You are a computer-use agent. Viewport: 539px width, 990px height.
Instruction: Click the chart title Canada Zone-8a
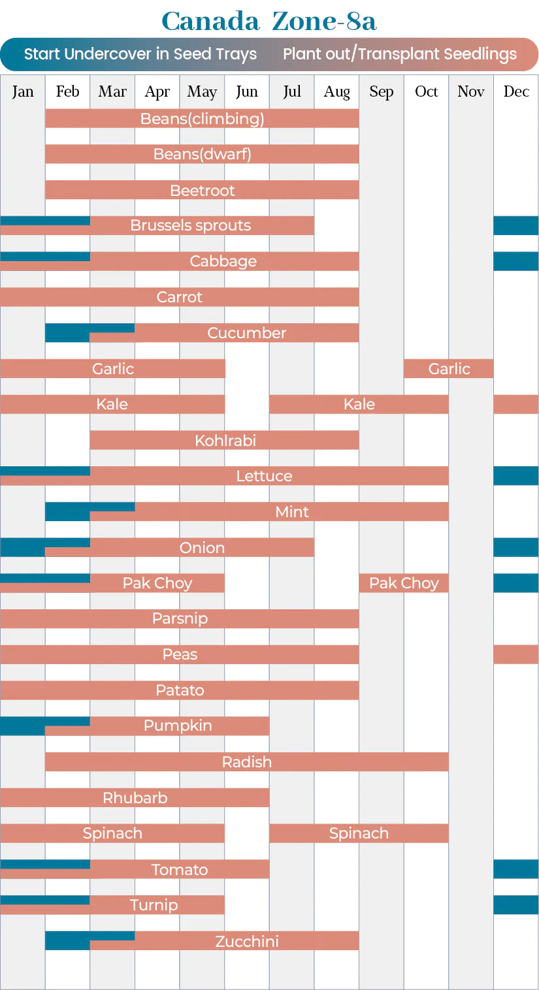click(x=269, y=21)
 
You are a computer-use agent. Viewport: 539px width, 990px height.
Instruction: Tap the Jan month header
click(x=22, y=91)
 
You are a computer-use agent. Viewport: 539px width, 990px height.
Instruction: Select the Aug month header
click(x=336, y=91)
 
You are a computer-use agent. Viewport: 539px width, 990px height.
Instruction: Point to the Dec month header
click(x=515, y=91)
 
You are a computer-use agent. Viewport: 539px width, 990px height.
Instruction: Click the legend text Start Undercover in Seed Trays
click(x=140, y=54)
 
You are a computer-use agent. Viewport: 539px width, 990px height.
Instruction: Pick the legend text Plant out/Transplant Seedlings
click(x=399, y=54)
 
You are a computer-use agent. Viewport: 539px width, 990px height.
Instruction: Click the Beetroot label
click(x=202, y=191)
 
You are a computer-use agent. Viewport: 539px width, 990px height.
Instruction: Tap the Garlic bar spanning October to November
click(x=449, y=369)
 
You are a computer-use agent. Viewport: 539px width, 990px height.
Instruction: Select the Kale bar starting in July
click(x=359, y=404)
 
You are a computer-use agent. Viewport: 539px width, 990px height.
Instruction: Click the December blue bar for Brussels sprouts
click(x=515, y=225)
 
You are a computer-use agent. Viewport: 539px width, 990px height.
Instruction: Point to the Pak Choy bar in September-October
click(x=404, y=583)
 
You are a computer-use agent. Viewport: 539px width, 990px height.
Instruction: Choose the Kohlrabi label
click(x=225, y=440)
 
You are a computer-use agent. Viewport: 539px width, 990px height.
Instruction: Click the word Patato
click(x=180, y=690)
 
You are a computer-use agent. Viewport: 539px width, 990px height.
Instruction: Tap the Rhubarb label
click(x=135, y=798)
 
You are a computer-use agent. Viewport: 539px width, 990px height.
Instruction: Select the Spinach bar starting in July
click(x=359, y=833)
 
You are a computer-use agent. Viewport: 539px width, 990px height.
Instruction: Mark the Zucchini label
click(x=246, y=941)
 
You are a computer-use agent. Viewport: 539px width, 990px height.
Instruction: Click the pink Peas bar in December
click(x=515, y=654)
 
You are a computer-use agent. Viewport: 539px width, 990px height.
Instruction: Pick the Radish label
click(x=246, y=762)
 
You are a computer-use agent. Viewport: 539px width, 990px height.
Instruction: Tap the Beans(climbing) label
click(x=202, y=119)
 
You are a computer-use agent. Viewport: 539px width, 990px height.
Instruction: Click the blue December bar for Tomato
click(x=515, y=869)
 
